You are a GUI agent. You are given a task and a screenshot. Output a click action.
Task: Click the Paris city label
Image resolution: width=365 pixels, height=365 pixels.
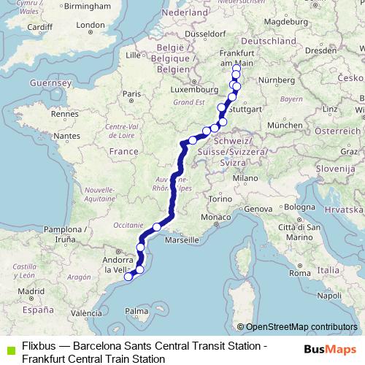coord(131,94)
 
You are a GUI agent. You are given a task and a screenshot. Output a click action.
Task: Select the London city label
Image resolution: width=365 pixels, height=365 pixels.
coord(91,25)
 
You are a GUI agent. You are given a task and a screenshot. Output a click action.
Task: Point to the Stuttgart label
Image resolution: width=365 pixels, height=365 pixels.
coord(247,109)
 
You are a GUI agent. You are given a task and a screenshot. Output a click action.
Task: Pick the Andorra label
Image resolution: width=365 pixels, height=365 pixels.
coord(116,258)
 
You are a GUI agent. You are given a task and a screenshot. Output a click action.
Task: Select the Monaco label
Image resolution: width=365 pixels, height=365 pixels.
coord(215,218)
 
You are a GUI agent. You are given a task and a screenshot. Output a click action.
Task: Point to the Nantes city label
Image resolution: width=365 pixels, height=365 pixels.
coord(66,137)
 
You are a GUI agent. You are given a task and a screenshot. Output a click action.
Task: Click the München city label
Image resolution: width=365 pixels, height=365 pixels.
coord(280,126)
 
